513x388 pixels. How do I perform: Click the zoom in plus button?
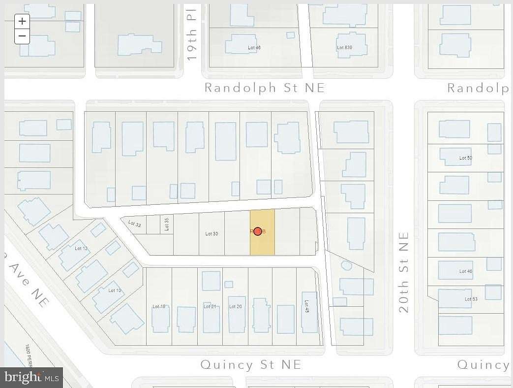pos(22,21)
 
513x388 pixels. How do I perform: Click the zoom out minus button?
pos(22,36)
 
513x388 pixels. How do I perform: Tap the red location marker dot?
pos(258,231)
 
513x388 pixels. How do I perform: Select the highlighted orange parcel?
pos(263,244)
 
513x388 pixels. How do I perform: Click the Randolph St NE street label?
pos(264,88)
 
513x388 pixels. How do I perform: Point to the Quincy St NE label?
pos(250,365)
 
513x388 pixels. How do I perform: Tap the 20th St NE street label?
pos(404,272)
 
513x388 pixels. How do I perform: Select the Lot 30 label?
pos(211,233)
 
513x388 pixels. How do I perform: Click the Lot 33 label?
pos(135,224)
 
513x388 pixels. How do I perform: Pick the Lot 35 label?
pos(166,224)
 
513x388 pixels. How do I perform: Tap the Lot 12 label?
pos(81,248)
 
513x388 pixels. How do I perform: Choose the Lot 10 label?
pos(115,291)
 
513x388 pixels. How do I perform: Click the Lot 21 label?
pos(210,306)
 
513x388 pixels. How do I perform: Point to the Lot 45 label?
pos(307,309)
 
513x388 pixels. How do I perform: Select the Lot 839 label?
pos(344,48)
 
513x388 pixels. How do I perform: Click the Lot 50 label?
pos(465,158)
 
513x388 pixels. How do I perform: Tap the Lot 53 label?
pos(471,299)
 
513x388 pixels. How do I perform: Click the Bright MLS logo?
pos(32,378)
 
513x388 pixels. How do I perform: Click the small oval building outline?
pos(346,265)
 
